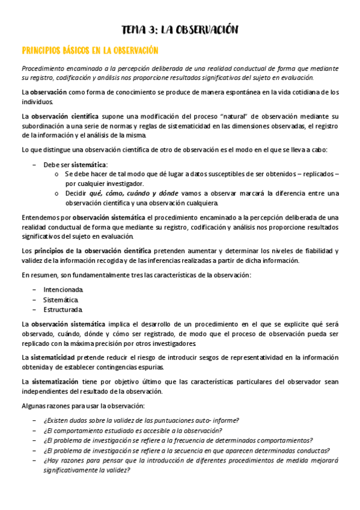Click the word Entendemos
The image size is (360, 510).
(x=40, y=217)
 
